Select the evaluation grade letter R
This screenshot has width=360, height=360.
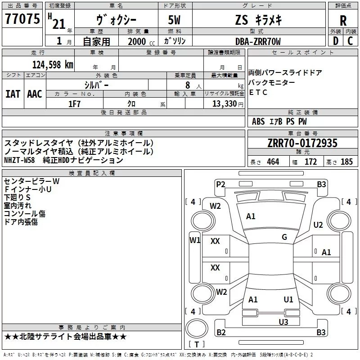tap(343, 21)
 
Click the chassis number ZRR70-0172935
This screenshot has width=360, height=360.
tap(302, 143)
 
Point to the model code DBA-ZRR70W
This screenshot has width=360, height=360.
tap(258, 41)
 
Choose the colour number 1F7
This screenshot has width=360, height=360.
tap(74, 103)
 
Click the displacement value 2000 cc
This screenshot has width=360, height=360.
tap(138, 41)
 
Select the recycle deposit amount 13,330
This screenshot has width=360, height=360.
tap(224, 103)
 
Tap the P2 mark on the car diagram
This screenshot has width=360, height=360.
tap(220, 184)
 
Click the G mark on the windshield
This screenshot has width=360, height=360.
tap(284, 237)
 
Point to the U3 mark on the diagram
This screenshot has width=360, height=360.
tap(283, 322)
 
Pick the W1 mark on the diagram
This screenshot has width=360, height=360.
tap(194, 240)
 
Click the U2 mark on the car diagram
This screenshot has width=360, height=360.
tap(318, 225)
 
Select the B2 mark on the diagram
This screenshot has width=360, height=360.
tap(221, 333)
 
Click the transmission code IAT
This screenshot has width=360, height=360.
tap(13, 94)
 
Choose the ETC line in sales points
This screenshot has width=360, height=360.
tap(258, 93)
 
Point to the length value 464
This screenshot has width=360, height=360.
tap(273, 162)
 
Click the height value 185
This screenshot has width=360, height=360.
tap(346, 162)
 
